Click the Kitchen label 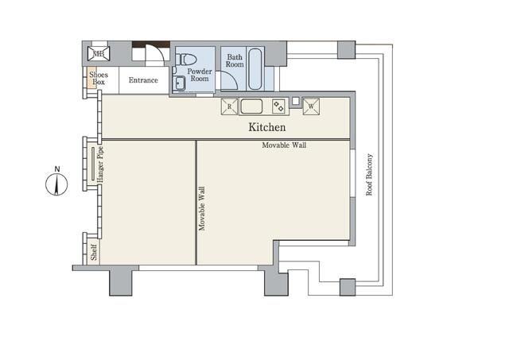point(266,127)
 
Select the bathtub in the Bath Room point(255,69)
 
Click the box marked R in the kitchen point(229,106)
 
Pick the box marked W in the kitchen point(312,106)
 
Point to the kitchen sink point(252,106)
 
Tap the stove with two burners point(278,106)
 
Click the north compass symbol point(57,184)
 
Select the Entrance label point(143,80)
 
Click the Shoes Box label point(98,79)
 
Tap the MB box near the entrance point(99,55)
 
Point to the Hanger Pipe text point(101,164)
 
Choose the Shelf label point(94,253)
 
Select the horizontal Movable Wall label point(284,145)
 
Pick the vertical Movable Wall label point(202,208)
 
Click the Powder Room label point(198,75)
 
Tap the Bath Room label point(235,60)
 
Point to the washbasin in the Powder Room point(179,83)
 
